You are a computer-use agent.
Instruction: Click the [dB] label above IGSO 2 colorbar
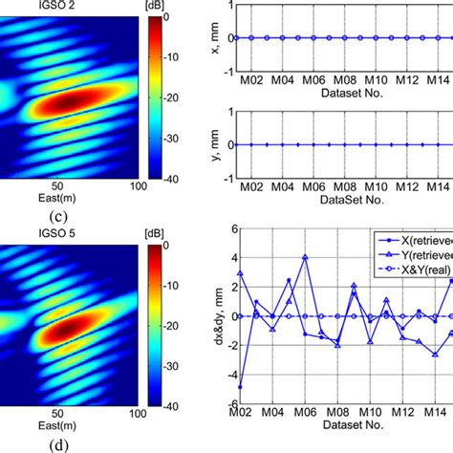(164, 7)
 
